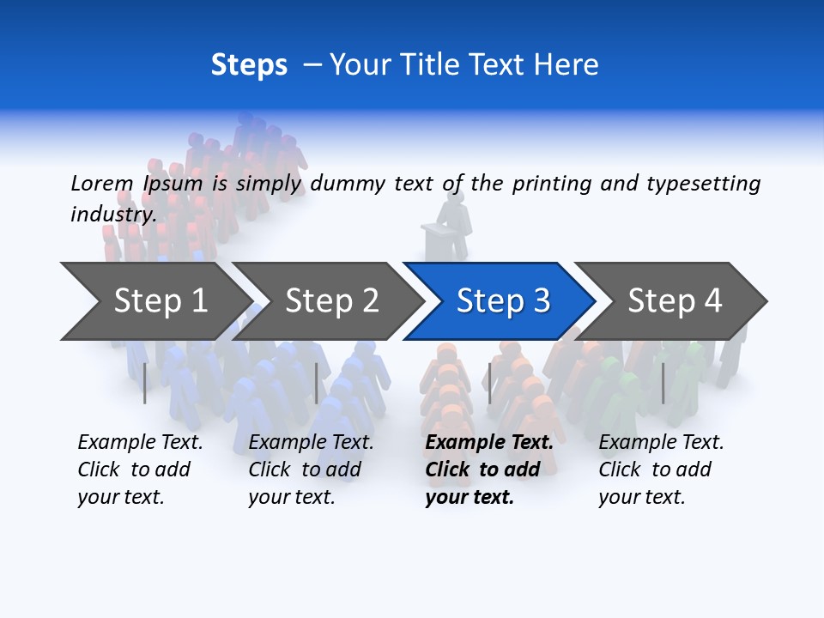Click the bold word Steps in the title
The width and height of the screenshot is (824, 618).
(249, 65)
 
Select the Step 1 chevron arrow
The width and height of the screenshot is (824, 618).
(154, 300)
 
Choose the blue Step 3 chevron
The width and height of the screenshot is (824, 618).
(502, 300)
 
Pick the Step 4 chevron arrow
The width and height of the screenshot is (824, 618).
(674, 300)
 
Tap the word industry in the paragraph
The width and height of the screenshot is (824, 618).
(112, 214)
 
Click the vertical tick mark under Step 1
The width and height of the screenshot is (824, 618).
(145, 383)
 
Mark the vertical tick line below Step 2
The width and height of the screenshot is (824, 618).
(317, 383)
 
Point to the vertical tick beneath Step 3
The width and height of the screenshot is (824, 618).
(489, 383)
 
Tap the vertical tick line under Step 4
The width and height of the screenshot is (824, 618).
(663, 383)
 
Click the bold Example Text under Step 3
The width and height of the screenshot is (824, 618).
(489, 443)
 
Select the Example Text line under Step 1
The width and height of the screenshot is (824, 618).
(140, 443)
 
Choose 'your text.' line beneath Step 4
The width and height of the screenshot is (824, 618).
(641, 497)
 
